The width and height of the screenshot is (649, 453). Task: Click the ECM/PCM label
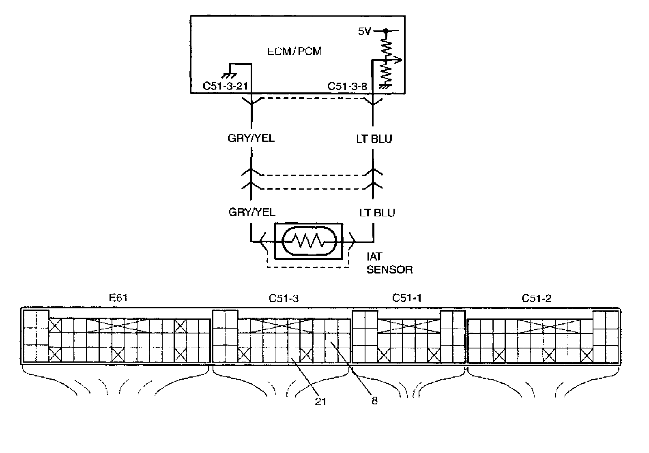294,51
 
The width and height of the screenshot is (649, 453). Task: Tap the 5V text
364,31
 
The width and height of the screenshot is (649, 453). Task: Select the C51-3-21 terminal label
225,86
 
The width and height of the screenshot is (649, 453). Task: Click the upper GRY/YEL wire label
251,138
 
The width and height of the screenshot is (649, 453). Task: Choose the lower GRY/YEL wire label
251,212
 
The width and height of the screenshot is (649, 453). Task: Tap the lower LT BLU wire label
377,212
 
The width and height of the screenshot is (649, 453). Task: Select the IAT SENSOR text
389,263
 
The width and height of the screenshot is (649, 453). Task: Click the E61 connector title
118,298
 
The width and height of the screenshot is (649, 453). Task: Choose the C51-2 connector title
536,299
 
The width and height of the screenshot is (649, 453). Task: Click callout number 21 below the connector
320,401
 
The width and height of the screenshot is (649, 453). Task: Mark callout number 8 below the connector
374,401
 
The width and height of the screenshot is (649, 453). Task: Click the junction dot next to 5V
386,30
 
